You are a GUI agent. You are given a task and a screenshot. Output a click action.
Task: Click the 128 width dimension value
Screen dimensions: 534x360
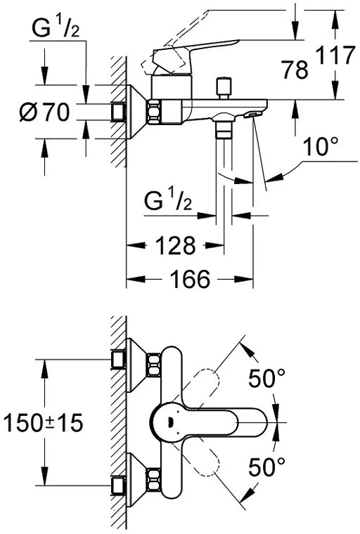174,246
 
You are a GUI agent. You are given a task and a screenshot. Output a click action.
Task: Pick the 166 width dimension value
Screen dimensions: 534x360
189,280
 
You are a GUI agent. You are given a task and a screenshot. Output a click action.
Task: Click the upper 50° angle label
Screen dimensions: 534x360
268,380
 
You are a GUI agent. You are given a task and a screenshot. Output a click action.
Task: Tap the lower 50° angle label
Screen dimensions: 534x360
268,466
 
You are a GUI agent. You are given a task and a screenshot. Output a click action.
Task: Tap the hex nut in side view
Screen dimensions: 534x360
153,110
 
